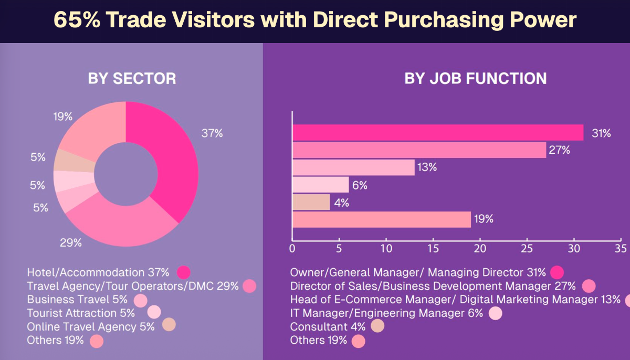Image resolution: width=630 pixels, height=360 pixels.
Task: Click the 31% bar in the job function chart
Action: (x=438, y=133)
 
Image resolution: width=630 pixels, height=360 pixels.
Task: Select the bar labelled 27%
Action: (x=419, y=150)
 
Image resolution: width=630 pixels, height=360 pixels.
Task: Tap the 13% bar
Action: (x=353, y=167)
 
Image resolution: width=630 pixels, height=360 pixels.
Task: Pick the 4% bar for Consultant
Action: (x=311, y=202)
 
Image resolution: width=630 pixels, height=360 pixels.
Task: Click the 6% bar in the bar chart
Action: (x=320, y=185)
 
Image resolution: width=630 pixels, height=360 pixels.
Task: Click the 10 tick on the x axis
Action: (x=386, y=247)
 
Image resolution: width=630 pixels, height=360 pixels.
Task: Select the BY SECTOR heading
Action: (x=132, y=79)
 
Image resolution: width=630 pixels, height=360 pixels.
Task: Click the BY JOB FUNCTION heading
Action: (x=475, y=79)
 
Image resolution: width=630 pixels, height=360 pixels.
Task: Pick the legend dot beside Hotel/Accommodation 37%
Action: (x=183, y=272)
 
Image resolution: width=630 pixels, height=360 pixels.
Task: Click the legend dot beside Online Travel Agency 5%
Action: (x=169, y=325)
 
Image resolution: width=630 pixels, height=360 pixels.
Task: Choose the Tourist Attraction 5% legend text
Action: (x=81, y=313)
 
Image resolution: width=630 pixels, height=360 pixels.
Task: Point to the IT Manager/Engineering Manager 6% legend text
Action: (x=386, y=313)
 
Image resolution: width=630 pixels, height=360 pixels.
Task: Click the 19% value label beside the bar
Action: (x=484, y=219)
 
